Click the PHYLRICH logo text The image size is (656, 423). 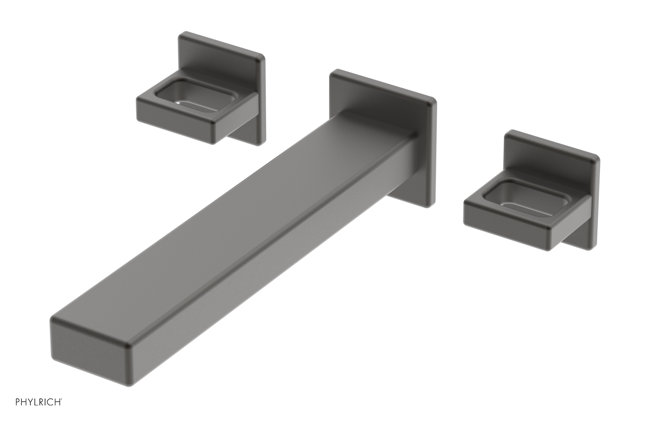(x=39, y=402)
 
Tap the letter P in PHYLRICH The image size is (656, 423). (x=18, y=402)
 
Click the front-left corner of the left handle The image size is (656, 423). (x=139, y=98)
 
